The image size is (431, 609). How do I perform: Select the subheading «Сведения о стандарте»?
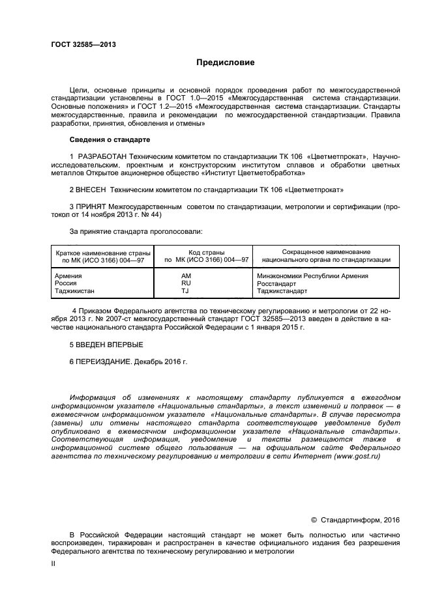click(x=110, y=140)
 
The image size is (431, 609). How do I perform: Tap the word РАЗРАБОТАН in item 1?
click(x=102, y=156)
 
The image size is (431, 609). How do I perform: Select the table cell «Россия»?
click(x=67, y=283)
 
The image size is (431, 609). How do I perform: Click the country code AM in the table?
click(x=186, y=276)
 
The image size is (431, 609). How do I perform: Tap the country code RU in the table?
click(x=186, y=283)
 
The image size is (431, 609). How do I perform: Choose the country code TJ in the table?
click(x=185, y=291)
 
